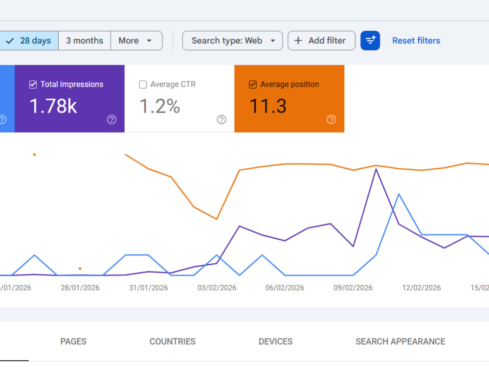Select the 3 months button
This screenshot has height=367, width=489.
click(85, 41)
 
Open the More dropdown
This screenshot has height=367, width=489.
click(136, 41)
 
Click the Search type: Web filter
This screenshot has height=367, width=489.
click(232, 41)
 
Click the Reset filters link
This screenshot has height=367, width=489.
click(416, 41)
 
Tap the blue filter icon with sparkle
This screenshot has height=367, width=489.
click(370, 41)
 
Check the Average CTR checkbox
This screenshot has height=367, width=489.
click(143, 85)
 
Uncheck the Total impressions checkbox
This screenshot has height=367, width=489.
click(33, 85)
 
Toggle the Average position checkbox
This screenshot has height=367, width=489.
click(253, 85)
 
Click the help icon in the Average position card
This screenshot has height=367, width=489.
click(331, 119)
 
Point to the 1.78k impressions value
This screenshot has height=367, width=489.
click(53, 106)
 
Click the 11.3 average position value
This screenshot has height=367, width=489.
click(268, 106)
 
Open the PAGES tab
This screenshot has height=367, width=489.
click(73, 342)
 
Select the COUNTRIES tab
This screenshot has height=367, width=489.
click(173, 342)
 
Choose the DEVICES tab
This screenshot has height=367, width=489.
click(276, 342)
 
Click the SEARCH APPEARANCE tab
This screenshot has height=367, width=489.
click(400, 342)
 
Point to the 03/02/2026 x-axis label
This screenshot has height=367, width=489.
click(217, 288)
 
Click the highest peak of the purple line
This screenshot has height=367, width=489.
click(376, 169)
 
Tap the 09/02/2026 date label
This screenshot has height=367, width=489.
click(353, 288)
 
